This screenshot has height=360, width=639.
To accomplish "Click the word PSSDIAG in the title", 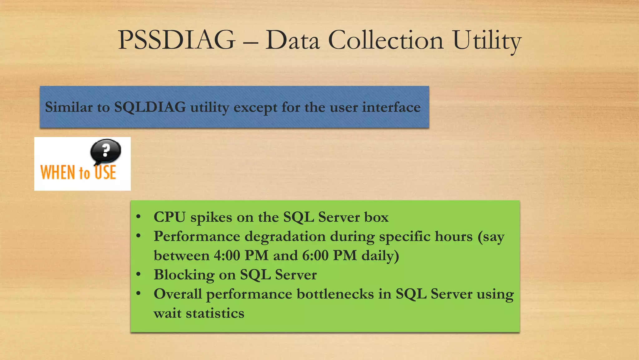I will (177, 40).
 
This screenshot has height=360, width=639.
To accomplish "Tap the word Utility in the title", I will (487, 41).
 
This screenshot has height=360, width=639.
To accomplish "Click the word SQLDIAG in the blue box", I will (150, 107).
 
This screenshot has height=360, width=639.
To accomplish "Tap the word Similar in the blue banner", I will (69, 107).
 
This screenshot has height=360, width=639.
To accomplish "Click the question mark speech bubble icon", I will (105, 151).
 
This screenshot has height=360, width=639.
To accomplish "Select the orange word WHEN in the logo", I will (58, 172).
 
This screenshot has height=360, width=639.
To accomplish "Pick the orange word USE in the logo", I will (105, 172).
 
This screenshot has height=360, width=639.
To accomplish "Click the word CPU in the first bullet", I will (169, 217).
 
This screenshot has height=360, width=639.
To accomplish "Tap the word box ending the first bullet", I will (376, 217).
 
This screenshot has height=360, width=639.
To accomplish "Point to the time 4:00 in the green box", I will (227, 255).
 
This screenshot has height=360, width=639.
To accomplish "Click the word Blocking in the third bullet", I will (184, 275).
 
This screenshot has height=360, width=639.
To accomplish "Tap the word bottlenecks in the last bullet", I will (335, 294).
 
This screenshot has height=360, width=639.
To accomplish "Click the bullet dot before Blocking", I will (139, 274).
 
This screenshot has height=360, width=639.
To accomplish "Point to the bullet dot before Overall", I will (139, 293).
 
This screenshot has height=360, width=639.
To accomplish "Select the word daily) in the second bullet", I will (380, 256).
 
